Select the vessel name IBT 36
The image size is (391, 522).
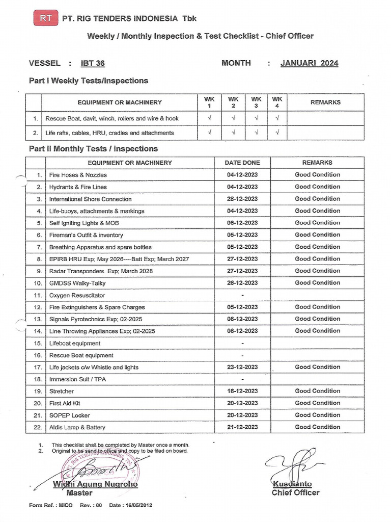click(x=93, y=64)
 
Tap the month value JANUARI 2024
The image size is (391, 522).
click(x=309, y=63)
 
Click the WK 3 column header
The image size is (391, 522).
click(x=256, y=102)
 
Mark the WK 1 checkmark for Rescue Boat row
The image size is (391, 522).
click(x=209, y=118)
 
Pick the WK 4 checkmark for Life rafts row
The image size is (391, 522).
click(x=277, y=133)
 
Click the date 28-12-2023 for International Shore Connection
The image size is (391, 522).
click(x=242, y=199)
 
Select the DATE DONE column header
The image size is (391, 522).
click(x=242, y=163)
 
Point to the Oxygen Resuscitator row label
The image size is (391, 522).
click(x=77, y=295)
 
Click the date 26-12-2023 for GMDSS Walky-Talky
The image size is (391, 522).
click(x=242, y=283)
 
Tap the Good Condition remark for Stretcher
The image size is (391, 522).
click(x=317, y=391)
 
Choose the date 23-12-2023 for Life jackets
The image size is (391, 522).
click(x=242, y=367)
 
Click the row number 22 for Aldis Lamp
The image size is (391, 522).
click(x=37, y=427)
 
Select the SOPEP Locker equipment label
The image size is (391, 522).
click(x=69, y=415)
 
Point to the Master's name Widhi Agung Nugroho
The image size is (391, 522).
click(x=96, y=484)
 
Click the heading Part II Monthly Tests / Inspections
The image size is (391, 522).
click(x=93, y=149)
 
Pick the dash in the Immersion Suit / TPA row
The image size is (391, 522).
click(x=242, y=379)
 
